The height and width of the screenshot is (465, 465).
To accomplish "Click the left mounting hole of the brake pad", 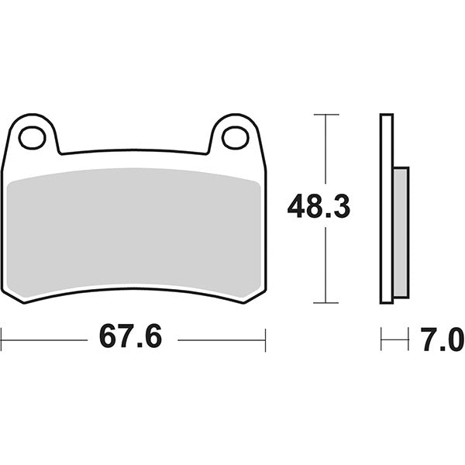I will pyautogui.click(x=33, y=138).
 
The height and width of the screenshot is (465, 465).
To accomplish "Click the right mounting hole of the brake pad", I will pyautogui.click(x=235, y=138).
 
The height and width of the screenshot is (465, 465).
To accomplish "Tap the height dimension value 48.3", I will pyautogui.click(x=319, y=207).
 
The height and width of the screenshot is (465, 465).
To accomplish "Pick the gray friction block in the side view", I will pyautogui.click(x=401, y=232).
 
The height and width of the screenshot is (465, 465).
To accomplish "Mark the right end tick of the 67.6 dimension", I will pyautogui.click(x=266, y=339).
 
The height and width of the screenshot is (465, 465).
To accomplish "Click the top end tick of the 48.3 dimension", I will pyautogui.click(x=326, y=115).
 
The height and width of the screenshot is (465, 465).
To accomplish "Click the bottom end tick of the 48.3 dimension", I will pyautogui.click(x=326, y=302).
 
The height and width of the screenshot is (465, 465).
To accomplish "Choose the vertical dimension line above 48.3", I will pyautogui.click(x=326, y=151).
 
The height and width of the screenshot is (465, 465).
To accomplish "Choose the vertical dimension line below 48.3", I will pyautogui.click(x=326, y=263).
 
